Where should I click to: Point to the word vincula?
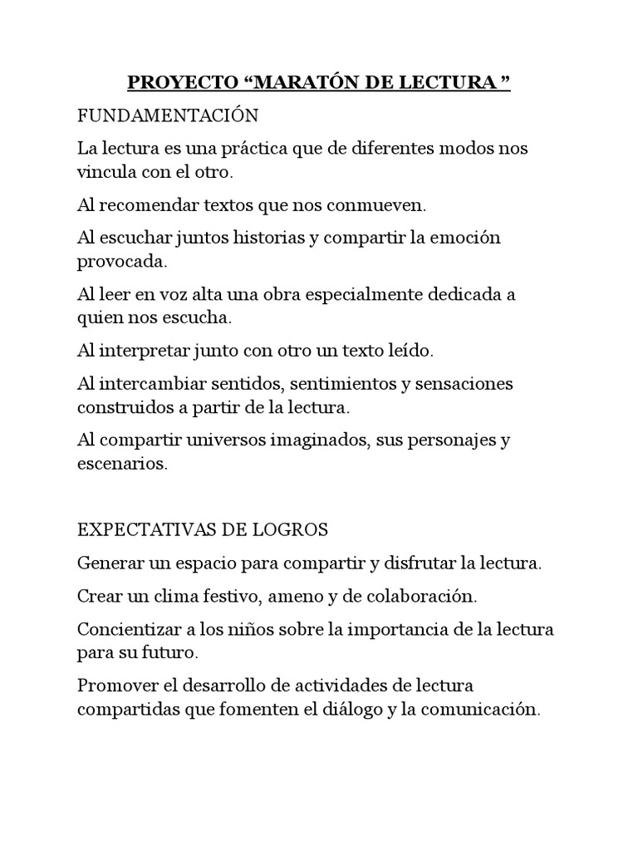pos(108,174)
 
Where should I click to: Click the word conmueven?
pos(380,204)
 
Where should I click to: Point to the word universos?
pos(225,440)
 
